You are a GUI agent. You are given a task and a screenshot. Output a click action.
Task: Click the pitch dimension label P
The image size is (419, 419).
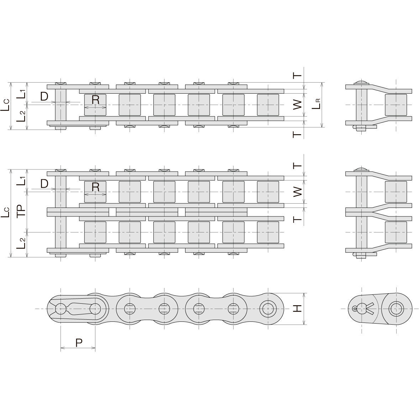(79, 342)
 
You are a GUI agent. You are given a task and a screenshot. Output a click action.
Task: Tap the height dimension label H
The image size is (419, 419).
(298, 309)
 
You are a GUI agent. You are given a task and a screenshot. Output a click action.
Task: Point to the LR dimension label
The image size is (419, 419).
(316, 105)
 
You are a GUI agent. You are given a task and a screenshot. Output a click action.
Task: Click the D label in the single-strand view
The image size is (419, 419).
(44, 96)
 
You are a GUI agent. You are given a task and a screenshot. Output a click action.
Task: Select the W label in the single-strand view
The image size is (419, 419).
(298, 105)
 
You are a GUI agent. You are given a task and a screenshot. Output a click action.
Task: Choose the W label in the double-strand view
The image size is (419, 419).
(298, 192)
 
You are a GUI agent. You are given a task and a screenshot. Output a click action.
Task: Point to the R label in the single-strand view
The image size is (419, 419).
(95, 100)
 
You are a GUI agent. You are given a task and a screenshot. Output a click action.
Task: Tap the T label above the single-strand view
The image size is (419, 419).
(298, 75)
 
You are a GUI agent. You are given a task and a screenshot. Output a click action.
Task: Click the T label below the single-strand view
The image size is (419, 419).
(298, 134)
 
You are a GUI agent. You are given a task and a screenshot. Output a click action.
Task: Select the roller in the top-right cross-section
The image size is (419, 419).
(396, 105)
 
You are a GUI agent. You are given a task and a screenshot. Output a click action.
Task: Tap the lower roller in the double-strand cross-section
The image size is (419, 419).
(396, 232)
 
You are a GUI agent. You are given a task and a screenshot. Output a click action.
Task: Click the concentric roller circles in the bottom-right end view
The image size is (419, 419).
(395, 308)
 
